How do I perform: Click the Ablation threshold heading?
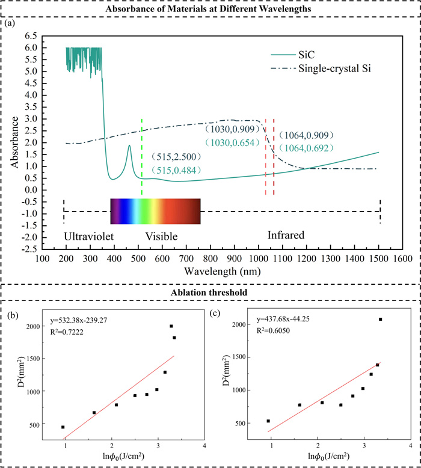[210, 293]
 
